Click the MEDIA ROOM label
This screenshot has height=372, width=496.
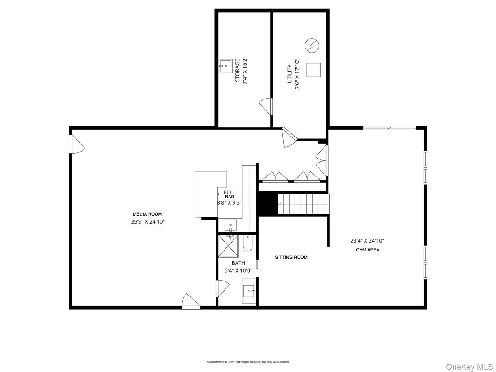(147, 214)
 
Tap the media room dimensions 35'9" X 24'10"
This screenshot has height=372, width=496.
(148, 222)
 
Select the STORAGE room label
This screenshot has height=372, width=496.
(237, 71)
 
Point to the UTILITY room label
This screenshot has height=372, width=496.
(290, 74)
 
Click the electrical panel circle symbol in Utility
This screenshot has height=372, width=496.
(312, 46)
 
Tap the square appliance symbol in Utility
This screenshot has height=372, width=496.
(313, 70)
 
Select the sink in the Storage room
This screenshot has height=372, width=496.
(225, 66)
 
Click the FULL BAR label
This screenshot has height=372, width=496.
(229, 194)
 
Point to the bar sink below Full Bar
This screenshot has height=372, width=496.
(231, 226)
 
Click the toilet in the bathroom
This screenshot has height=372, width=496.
(248, 243)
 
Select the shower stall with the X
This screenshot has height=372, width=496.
(229, 246)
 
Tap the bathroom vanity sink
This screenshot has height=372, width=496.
(249, 291)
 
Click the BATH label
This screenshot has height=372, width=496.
(238, 263)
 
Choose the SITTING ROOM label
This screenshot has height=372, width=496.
(291, 257)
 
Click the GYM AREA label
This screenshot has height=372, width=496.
(367, 250)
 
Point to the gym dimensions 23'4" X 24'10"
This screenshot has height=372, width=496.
(367, 241)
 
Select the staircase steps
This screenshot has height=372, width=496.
(304, 204)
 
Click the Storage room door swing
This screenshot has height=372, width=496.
(266, 106)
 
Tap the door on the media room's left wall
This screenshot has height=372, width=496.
(77, 144)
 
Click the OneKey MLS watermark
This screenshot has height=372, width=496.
(469, 367)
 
